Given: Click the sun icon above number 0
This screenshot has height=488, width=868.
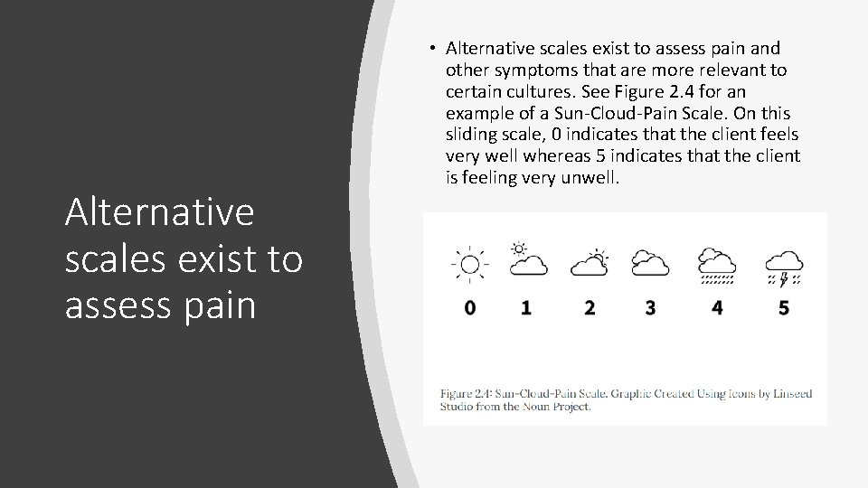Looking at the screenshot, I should click(x=468, y=263).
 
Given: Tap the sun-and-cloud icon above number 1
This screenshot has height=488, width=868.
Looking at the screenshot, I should click(x=527, y=259).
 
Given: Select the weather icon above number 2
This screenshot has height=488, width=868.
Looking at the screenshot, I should click(x=590, y=262).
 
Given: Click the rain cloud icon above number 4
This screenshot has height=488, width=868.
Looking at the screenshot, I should click(x=717, y=265).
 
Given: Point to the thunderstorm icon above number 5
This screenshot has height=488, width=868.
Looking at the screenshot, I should click(x=784, y=265).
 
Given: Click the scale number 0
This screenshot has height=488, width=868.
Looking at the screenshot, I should click(x=469, y=308).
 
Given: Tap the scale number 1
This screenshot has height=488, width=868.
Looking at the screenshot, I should click(x=526, y=308).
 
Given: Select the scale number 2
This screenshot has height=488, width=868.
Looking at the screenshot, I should click(x=590, y=308).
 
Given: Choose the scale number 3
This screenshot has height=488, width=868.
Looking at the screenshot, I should click(x=650, y=308).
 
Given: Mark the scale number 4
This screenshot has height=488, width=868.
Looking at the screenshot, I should click(x=717, y=308).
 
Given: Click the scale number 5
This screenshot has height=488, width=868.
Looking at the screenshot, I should click(x=783, y=308).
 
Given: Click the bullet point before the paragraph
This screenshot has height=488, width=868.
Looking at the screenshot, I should click(x=434, y=48).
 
